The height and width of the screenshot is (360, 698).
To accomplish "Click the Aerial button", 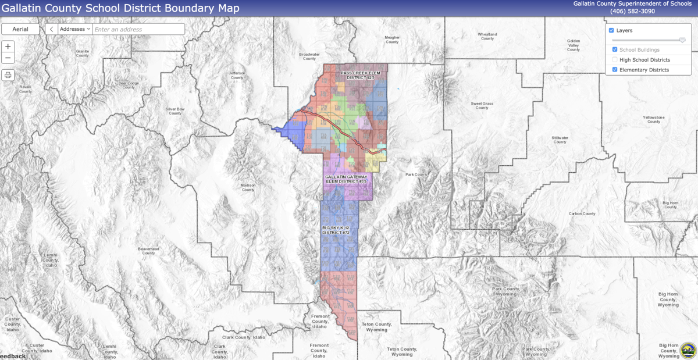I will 20,29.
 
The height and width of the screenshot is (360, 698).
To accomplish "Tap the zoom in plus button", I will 8,47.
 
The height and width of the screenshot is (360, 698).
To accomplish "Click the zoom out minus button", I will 8,58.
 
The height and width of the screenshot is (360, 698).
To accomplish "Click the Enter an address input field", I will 138,29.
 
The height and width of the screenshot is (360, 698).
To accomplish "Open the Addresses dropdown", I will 75,29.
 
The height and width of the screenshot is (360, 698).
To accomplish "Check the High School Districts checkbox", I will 615,60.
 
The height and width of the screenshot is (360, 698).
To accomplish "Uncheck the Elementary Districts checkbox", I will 615,70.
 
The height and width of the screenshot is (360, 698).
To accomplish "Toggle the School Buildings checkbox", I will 615,50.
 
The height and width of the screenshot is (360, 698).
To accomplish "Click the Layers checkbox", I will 611,30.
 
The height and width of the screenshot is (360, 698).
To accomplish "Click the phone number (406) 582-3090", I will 632,11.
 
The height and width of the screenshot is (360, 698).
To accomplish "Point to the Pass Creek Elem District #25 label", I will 361,75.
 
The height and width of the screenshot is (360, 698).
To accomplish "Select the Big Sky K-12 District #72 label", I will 336,230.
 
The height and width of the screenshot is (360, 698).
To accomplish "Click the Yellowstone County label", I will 653,119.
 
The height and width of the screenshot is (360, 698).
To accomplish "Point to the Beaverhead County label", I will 148,251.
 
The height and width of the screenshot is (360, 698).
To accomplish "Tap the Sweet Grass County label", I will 482,105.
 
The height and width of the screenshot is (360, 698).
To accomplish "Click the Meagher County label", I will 392,40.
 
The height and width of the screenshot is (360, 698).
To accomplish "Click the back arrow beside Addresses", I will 51,29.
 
